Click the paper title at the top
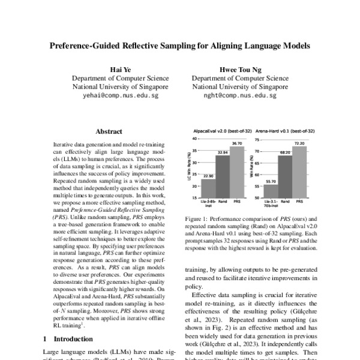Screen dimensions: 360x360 (180, 45)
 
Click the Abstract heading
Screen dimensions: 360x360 (109, 131)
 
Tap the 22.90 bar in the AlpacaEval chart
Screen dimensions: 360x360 (208, 193)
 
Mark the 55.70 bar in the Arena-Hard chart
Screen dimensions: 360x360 (269, 195)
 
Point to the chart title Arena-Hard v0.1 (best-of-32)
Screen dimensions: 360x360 (283, 130)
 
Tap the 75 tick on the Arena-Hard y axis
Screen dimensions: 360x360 (257, 139)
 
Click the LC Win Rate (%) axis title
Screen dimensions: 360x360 (188, 172)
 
